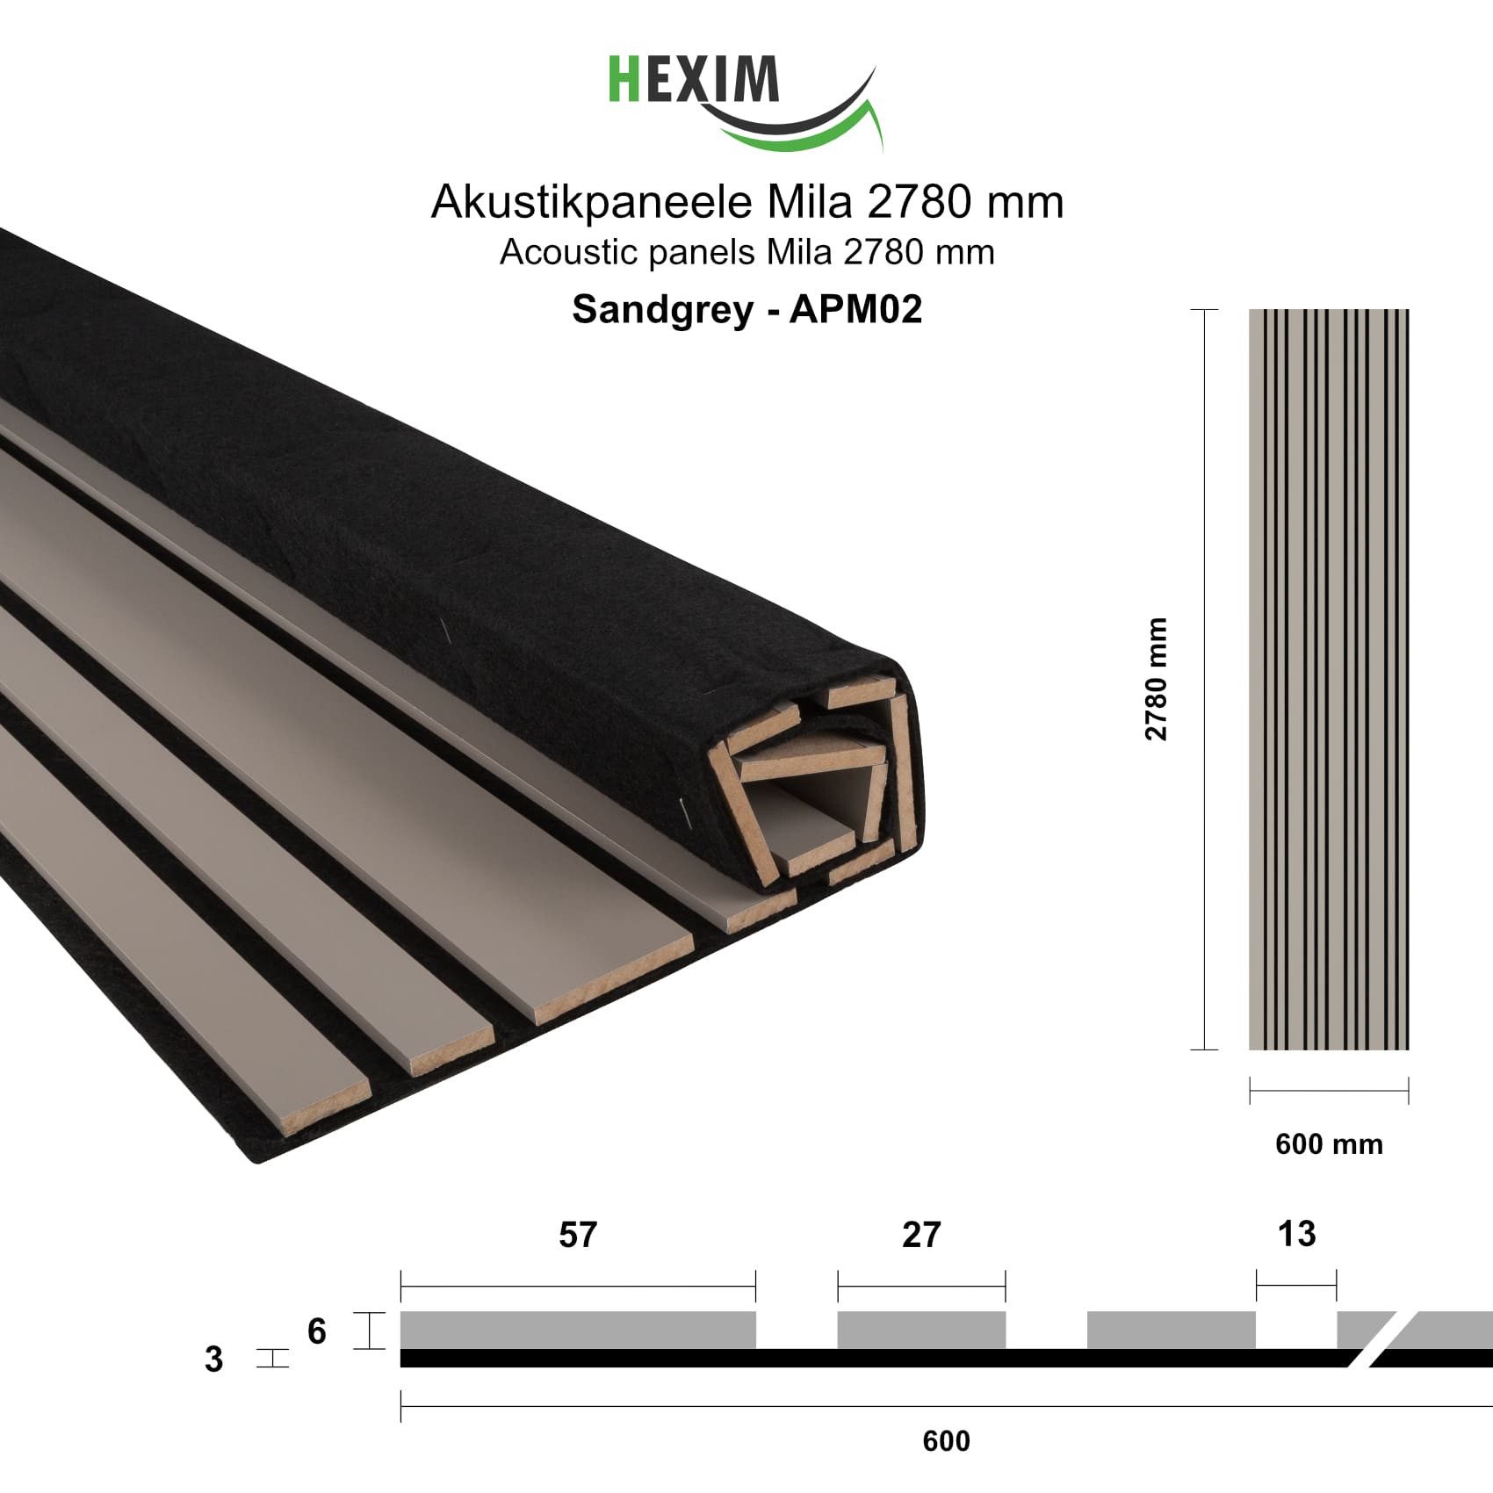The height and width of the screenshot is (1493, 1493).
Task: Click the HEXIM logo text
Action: click(x=694, y=80)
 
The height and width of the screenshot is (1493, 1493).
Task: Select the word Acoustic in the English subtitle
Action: click(x=559, y=253)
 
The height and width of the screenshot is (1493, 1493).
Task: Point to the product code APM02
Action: click(x=855, y=309)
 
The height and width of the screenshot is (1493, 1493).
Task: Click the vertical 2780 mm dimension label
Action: click(x=1158, y=678)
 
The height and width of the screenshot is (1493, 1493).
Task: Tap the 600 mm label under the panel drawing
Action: click(x=1329, y=1144)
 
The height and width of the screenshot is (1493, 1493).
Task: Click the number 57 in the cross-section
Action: click(x=577, y=1235)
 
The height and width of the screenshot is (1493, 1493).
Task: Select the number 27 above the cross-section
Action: click(x=920, y=1235)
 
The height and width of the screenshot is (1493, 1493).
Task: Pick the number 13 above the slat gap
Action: click(x=1296, y=1234)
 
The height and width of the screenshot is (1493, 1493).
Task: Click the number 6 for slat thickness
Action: click(x=317, y=1331)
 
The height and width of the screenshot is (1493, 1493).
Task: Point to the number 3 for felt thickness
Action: click(x=213, y=1360)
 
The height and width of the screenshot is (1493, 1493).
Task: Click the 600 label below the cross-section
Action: click(x=946, y=1441)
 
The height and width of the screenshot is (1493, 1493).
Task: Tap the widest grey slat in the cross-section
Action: click(x=577, y=1330)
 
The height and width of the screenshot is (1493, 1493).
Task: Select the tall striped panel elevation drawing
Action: click(x=1328, y=679)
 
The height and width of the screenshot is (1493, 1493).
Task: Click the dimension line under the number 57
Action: click(x=577, y=1287)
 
